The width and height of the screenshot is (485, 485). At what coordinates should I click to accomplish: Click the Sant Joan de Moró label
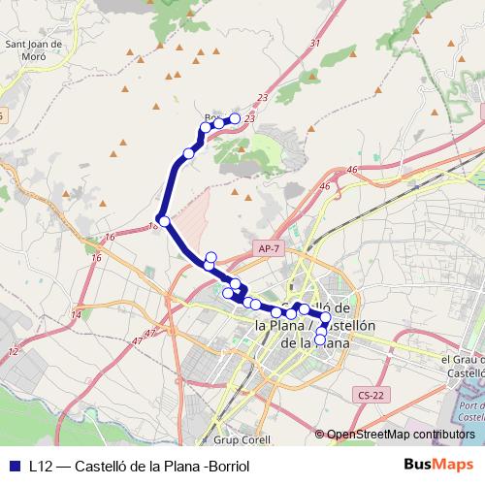point(35,49)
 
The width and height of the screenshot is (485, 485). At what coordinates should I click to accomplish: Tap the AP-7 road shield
point(268,249)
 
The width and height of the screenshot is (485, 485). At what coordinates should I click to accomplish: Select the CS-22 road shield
point(369,394)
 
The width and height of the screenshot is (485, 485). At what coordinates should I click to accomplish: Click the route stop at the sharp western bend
point(164,222)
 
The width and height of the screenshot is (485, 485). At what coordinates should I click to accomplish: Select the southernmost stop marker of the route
point(320,340)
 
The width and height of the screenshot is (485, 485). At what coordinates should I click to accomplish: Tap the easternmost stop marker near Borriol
point(234,118)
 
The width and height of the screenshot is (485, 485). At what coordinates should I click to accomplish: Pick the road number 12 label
point(13,351)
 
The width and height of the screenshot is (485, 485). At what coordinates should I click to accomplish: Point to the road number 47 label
point(149,333)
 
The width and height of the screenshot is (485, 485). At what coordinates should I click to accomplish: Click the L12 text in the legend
point(39,467)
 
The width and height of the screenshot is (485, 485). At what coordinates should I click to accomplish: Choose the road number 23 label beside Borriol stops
point(250,117)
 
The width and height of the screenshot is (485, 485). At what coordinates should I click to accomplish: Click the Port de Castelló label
point(470,411)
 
